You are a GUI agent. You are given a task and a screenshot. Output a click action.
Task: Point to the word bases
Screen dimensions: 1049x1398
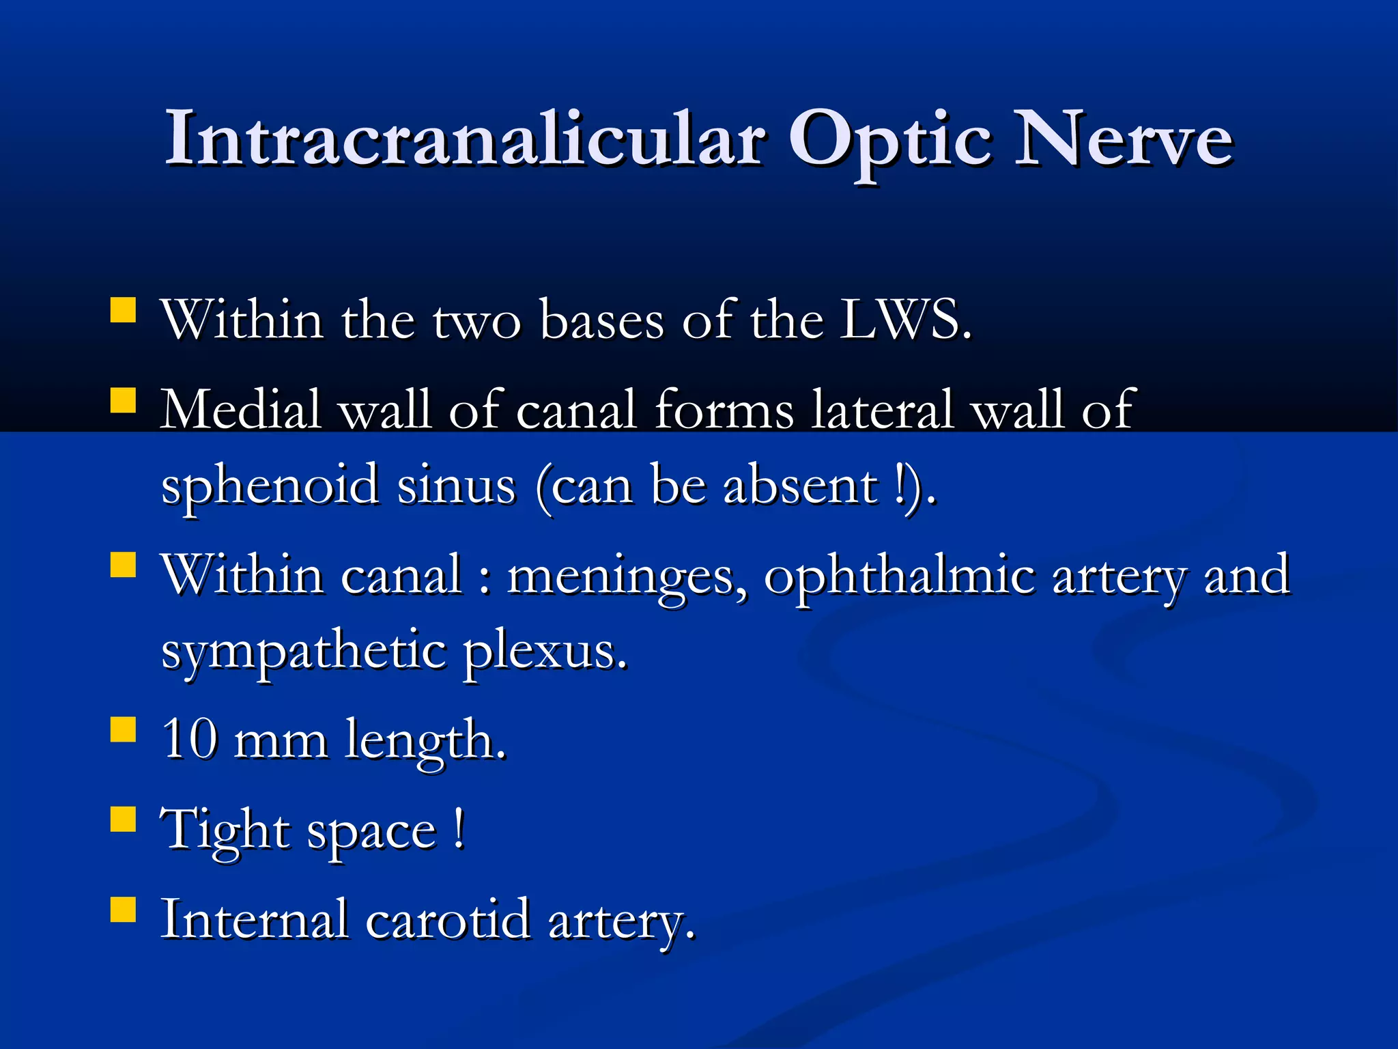[x=601, y=320]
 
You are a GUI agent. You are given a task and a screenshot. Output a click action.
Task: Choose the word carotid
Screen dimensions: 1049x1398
[x=448, y=919]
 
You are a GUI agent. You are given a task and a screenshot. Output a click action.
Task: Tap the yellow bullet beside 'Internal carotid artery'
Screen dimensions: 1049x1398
[x=124, y=909]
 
